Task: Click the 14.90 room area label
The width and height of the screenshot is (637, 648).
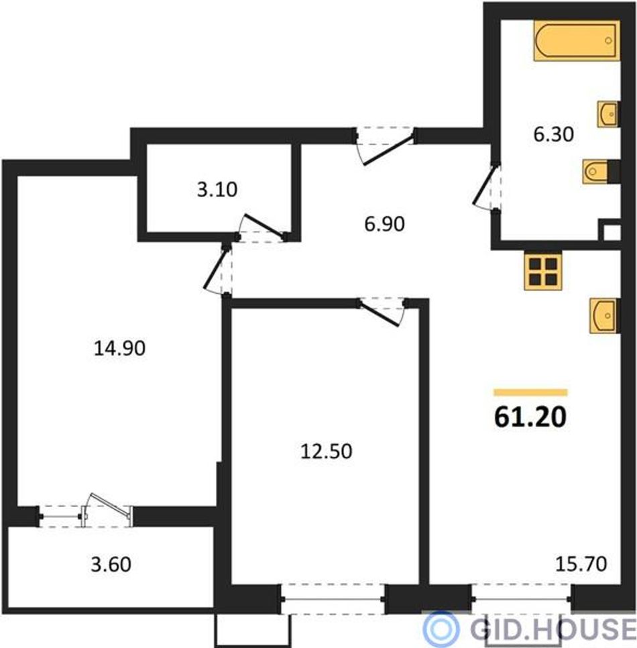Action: click(x=120, y=348)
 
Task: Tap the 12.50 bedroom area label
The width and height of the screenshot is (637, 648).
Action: click(x=327, y=451)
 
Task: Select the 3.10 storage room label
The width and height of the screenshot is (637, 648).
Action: click(x=217, y=190)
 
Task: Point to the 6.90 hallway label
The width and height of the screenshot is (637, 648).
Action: click(x=384, y=224)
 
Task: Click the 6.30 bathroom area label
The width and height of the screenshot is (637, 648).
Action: click(x=554, y=135)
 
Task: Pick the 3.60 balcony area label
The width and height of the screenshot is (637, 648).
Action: click(x=111, y=565)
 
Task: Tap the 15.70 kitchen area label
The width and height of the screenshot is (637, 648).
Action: click(x=581, y=563)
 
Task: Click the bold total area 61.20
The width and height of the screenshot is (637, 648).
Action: click(x=530, y=417)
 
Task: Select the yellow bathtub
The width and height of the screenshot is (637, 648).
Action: click(x=577, y=40)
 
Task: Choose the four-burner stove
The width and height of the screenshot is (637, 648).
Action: click(x=543, y=271)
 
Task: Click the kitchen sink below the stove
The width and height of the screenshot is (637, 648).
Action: click(x=603, y=315)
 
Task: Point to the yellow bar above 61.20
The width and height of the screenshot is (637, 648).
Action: click(x=530, y=392)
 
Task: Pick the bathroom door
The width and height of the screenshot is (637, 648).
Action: click(x=487, y=188)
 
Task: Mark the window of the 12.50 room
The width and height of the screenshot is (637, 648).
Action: click(x=333, y=598)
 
